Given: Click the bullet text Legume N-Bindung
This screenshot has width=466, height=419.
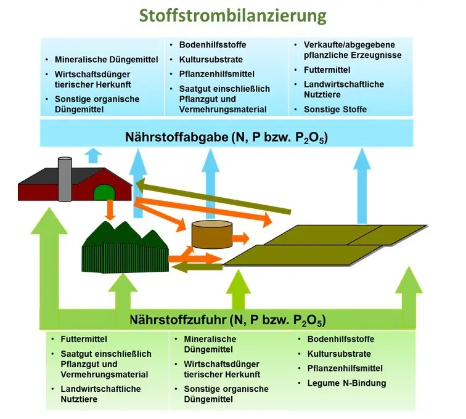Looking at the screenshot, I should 346,383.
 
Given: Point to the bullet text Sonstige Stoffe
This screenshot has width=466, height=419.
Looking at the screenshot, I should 335,109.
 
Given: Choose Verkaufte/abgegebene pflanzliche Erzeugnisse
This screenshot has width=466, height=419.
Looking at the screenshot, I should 352,50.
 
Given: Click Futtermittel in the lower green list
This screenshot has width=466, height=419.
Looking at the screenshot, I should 84,340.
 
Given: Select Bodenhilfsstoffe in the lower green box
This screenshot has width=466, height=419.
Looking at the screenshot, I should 341,340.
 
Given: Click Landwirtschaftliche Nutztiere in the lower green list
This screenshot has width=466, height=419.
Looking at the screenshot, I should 100,394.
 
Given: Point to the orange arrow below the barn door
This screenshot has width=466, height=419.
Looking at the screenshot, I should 111,209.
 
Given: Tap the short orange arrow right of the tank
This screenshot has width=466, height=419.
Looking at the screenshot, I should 241,237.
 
